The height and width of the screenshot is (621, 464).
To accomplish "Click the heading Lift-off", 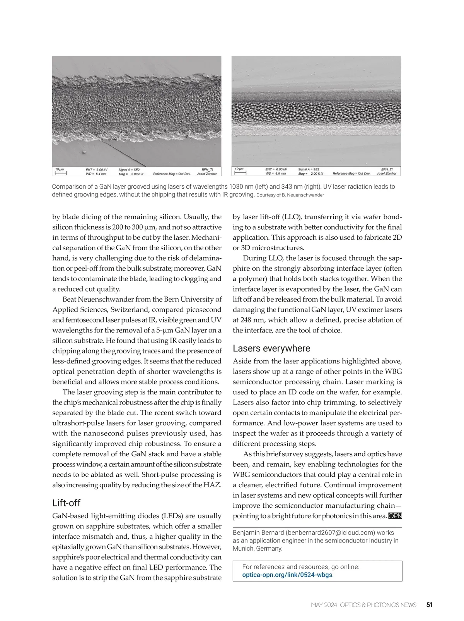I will pos(66,503).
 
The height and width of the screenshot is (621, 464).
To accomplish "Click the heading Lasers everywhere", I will pos(271,348).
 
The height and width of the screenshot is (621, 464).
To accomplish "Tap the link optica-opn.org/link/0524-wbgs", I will pos(287,575).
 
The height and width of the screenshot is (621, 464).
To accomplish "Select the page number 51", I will pos(429,605).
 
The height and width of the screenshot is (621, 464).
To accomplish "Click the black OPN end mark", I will pos(395,516).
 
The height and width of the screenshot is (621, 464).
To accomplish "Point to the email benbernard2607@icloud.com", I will pos(330,532).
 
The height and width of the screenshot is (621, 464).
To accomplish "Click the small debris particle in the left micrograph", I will pos(83,152).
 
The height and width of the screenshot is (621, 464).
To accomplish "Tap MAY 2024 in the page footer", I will pos(324,605).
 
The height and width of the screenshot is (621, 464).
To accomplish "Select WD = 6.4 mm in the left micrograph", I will pos(96,174).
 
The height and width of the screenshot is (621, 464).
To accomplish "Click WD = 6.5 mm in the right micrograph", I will pos(276,174).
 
